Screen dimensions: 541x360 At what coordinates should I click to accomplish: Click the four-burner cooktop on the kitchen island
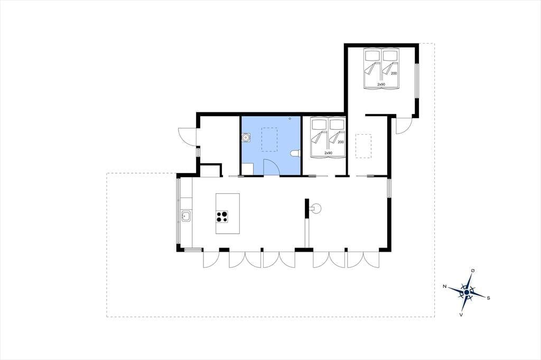point(222,216)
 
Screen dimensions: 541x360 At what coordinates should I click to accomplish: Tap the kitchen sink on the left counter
point(185,216)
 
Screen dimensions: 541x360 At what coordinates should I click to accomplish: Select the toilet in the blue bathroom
point(295,154)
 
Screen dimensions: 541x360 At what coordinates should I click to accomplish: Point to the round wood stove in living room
point(315,209)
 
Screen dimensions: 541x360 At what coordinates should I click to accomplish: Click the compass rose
point(467,292)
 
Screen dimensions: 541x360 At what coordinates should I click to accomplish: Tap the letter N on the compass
point(445,286)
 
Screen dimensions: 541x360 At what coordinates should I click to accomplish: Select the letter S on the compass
point(488,298)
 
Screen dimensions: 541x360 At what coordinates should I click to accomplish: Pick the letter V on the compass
point(461,315)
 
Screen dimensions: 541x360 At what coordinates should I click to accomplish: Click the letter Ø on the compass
point(473,271)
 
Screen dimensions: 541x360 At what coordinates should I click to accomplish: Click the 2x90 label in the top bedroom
point(381,84)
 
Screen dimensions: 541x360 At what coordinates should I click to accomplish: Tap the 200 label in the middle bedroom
point(341,142)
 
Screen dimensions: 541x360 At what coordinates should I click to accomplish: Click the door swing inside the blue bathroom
point(271,167)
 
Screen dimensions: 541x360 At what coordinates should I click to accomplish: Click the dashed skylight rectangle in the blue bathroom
point(269,139)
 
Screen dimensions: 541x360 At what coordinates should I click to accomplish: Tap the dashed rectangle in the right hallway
point(363,146)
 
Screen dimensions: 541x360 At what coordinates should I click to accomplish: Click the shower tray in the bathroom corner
point(247,169)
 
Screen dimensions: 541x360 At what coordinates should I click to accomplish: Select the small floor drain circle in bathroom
point(290,119)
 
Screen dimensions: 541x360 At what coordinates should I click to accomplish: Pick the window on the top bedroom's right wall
point(417,80)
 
